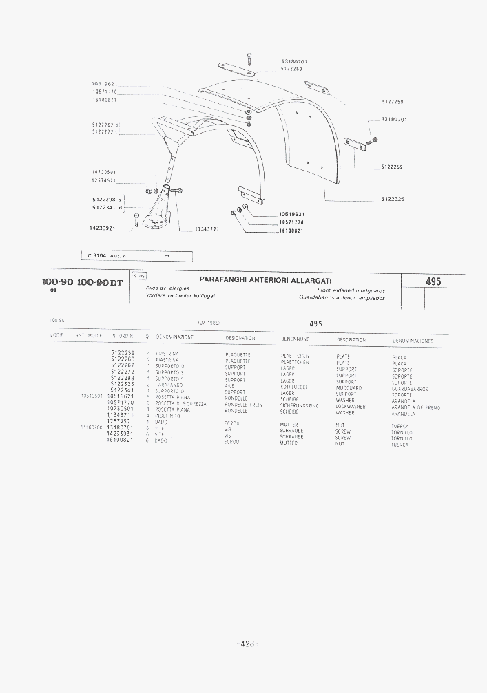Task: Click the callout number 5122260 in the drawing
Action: (x=294, y=69)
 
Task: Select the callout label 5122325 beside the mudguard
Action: (x=393, y=200)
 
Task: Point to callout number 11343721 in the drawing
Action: (x=207, y=229)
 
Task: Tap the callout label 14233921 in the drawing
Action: (x=102, y=228)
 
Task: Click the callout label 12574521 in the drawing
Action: (x=103, y=180)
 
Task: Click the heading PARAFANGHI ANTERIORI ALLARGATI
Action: (x=266, y=281)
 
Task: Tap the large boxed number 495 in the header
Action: (x=433, y=281)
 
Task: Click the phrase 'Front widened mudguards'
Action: (x=351, y=290)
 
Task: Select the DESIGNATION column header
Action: (x=240, y=338)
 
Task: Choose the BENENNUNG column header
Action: (x=296, y=339)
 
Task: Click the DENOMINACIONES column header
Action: (x=413, y=341)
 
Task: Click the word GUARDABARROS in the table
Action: (x=410, y=389)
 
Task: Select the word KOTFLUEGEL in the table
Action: (x=294, y=387)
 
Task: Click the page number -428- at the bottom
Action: (x=247, y=643)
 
